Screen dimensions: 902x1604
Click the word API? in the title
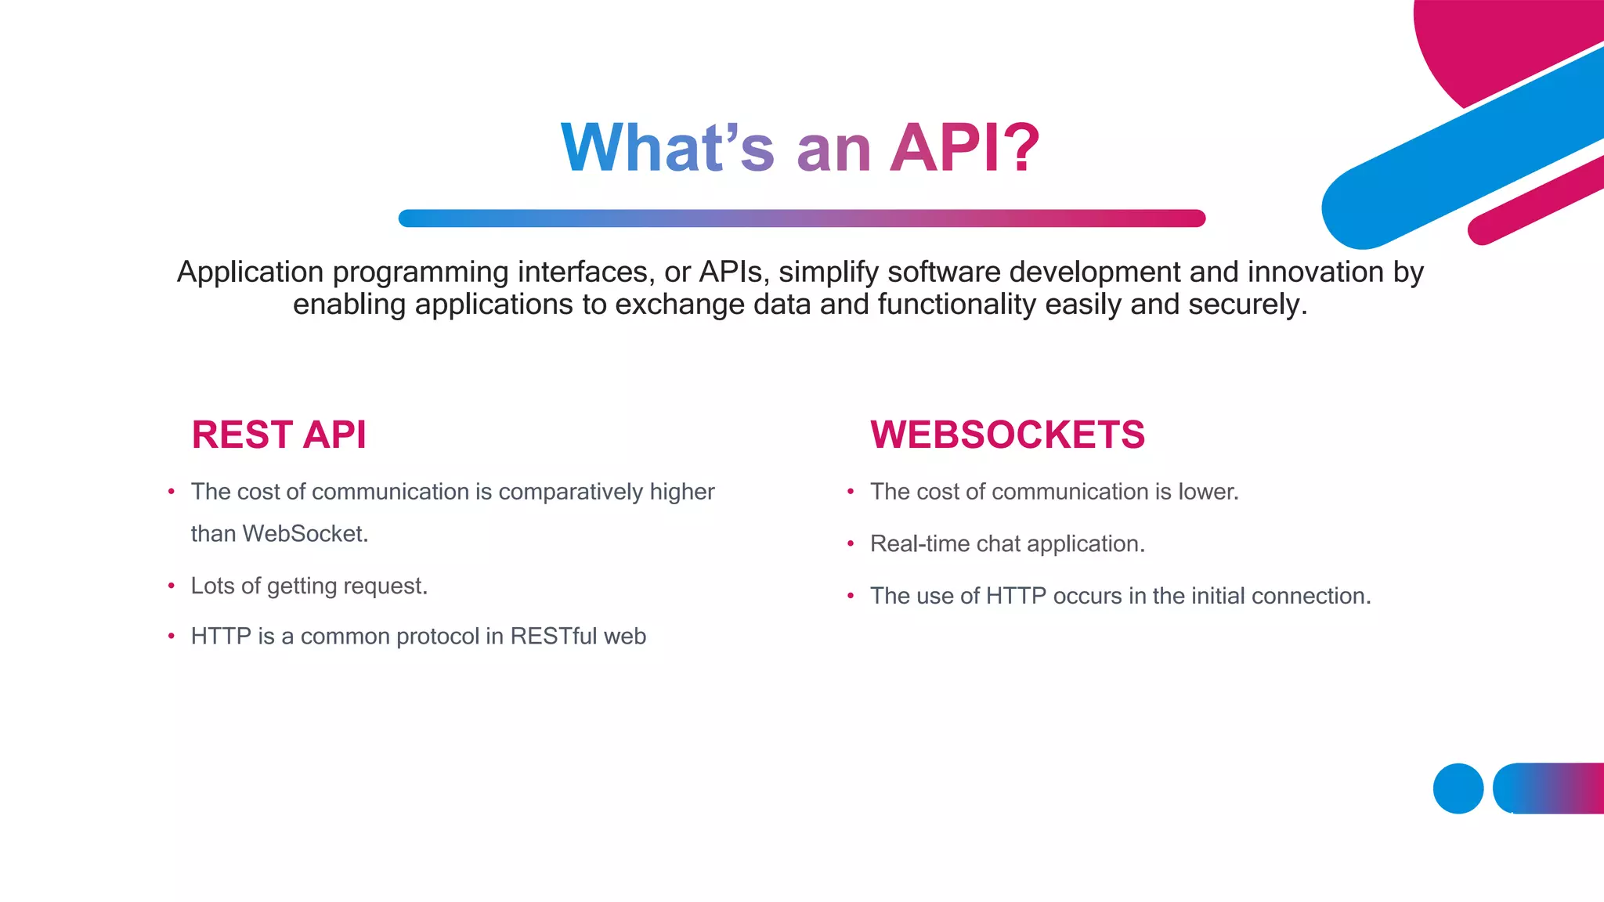[x=965, y=148]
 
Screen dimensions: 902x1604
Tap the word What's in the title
[x=667, y=148]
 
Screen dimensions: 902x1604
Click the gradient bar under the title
[x=801, y=218]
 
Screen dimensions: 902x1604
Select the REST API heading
[x=279, y=435]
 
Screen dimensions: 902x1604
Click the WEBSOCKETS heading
[x=1007, y=435]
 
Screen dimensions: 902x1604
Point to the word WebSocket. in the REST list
[x=305, y=534]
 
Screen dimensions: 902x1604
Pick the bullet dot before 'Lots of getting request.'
[x=171, y=586]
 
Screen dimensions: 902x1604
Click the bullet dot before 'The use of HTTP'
[x=851, y=596]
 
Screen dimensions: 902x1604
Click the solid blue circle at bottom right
[x=1458, y=788]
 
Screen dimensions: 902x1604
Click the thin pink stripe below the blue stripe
[x=1535, y=201]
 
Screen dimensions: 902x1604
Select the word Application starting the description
[x=250, y=272]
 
